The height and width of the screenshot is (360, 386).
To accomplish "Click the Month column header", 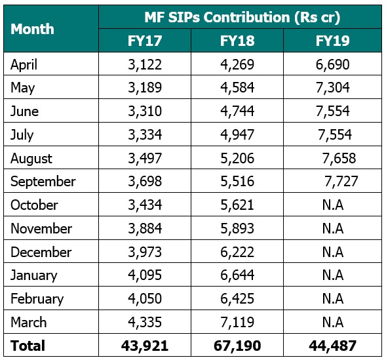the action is coord(32,29).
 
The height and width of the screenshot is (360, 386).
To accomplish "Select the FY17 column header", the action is coord(145,41).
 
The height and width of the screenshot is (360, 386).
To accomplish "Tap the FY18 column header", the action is coord(237,41).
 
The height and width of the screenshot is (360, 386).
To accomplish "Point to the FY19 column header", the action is coord(332,41).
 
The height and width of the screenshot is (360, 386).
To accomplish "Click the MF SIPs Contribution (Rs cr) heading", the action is coord(242,17).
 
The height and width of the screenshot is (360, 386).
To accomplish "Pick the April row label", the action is coord(24,64).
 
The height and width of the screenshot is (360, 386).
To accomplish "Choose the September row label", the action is coord(43,182).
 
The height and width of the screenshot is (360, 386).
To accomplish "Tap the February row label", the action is coord(37,298).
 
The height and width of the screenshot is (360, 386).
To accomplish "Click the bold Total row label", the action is coord(28,346).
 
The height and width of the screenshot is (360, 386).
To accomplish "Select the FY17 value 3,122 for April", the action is coord(145,64).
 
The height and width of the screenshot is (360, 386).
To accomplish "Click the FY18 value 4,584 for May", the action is coord(237,88).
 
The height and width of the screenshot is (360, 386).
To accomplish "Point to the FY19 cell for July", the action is coord(335,134).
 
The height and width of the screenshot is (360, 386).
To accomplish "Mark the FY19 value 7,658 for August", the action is coord(339,158).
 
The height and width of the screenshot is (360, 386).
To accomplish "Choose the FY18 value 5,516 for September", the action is coord(237,182).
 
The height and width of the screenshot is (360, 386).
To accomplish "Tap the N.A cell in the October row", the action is coord(333,205).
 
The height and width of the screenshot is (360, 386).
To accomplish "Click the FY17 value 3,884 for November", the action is coord(145,228).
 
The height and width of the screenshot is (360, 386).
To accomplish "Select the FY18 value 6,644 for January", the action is coord(237,275).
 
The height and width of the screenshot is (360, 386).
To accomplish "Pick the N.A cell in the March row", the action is coord(333,322).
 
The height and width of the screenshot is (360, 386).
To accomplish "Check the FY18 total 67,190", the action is coord(237,346).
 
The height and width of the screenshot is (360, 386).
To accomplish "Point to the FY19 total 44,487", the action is coord(332,346).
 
